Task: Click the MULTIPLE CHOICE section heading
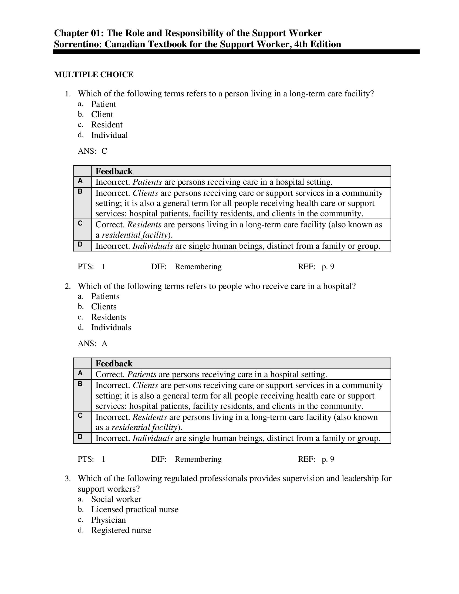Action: click(93, 75)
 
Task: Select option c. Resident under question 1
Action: click(107, 124)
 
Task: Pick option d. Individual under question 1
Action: click(109, 135)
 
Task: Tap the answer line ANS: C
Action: click(92, 151)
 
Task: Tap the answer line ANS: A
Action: click(92, 343)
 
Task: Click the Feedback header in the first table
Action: click(114, 171)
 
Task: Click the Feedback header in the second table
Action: click(114, 364)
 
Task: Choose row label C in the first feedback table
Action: click(80, 224)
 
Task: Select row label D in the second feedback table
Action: click(80, 437)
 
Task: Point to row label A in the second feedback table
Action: click(80, 373)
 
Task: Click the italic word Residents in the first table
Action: click(144, 225)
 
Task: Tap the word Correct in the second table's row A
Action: click(110, 374)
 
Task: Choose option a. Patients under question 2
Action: click(105, 296)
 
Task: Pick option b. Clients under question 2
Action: click(104, 306)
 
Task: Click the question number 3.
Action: click(68, 478)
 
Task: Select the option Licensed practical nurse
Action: click(135, 509)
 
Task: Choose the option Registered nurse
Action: click(121, 530)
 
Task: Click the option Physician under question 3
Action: click(109, 520)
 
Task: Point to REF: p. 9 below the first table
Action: click(316, 266)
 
